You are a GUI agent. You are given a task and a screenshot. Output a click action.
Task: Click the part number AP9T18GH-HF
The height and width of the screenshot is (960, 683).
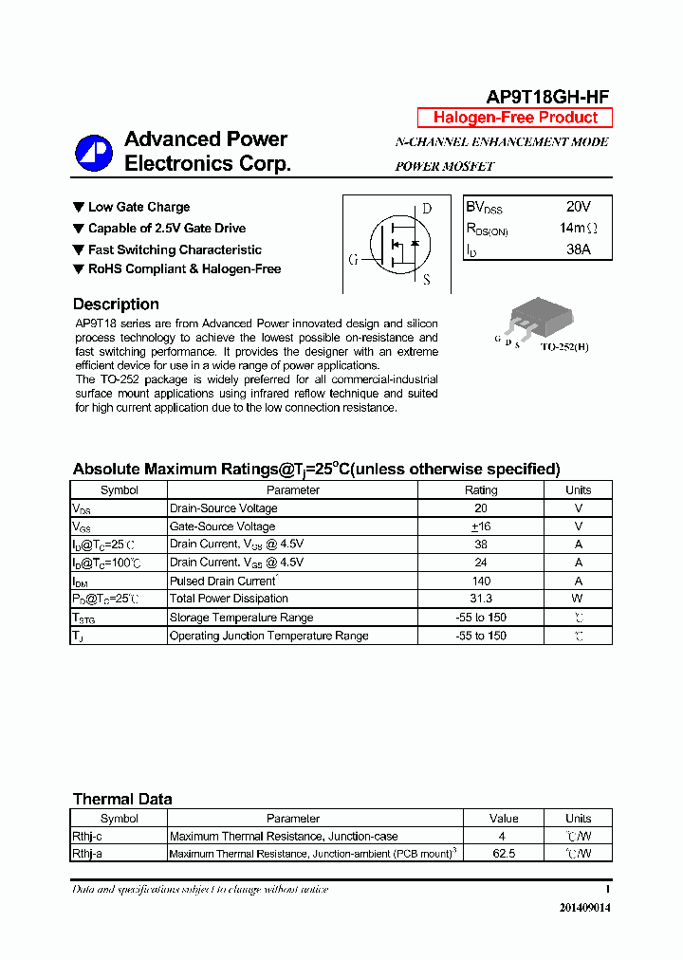[x=547, y=97]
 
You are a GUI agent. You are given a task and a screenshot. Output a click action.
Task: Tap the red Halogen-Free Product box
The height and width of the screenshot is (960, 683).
[x=515, y=118]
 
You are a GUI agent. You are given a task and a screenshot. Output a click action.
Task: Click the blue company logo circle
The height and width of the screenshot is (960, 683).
[x=94, y=153]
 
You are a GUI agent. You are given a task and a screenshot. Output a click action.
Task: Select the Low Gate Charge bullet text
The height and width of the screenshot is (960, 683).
[x=138, y=207]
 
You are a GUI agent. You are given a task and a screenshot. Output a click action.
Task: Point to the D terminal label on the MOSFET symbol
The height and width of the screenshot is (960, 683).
[x=427, y=209]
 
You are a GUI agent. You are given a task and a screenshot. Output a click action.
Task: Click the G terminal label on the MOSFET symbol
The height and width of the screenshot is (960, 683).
[x=353, y=259]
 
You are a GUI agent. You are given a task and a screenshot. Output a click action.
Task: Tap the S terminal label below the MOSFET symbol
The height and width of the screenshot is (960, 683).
[x=427, y=280]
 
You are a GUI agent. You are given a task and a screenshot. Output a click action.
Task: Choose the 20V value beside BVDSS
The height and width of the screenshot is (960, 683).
[x=578, y=207]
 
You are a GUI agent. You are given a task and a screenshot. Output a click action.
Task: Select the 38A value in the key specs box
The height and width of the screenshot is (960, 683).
[x=578, y=249]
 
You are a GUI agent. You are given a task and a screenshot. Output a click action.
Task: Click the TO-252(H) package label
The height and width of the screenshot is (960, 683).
[x=564, y=347]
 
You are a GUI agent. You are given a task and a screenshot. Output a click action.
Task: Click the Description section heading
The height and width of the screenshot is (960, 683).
[x=116, y=305]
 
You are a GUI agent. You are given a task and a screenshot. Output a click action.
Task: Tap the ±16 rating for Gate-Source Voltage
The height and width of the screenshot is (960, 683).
[x=480, y=526]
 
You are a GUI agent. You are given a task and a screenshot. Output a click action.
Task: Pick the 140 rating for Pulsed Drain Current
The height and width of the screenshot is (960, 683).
[x=480, y=581]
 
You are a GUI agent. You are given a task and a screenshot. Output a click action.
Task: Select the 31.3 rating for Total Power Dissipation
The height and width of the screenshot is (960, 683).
[x=480, y=599]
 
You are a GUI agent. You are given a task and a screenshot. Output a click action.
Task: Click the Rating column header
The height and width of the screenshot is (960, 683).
[x=480, y=490]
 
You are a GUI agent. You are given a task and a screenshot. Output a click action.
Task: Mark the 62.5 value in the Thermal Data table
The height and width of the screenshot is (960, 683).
[x=504, y=854]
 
